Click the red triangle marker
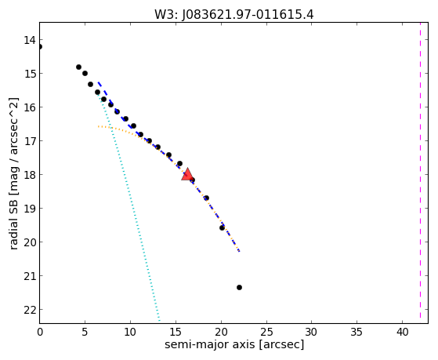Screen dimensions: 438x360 [x=187, y=175]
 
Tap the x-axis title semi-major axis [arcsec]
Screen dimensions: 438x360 [x=234, y=344]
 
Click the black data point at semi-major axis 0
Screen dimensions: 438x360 [x=40, y=47]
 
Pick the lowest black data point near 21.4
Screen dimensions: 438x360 [x=239, y=287]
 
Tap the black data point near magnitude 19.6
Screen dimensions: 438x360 [x=222, y=227]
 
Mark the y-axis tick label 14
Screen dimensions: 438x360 [x=30, y=40]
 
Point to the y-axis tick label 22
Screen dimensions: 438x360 [x=30, y=310]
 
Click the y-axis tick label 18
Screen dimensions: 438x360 [x=30, y=175]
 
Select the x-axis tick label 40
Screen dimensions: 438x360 [x=402, y=332]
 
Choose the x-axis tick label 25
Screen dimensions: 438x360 [x=266, y=332]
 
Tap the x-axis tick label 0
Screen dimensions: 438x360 [x=40, y=332]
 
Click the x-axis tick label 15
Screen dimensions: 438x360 [x=176, y=332]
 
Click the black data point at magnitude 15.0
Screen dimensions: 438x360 [x=85, y=73]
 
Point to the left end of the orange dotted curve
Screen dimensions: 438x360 [x=98, y=126]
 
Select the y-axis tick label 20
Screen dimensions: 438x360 [x=30, y=242]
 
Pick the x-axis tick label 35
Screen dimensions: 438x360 [x=357, y=332]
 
